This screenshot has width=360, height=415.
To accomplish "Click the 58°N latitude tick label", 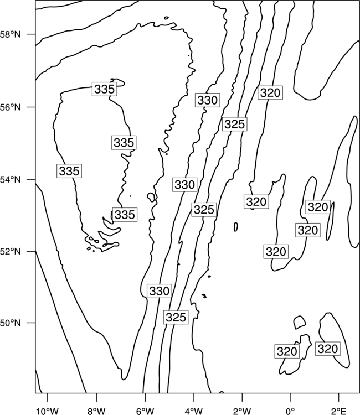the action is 10,34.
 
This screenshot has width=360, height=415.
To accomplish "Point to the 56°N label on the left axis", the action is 10,107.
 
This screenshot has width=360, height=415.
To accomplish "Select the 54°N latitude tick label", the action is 10,180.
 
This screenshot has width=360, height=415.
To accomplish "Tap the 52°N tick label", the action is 10,251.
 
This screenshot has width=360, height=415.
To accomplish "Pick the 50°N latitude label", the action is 10,323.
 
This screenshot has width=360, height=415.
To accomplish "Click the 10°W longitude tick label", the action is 48,411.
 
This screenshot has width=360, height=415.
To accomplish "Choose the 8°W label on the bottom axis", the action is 96,411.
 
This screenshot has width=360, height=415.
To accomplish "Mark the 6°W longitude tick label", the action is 145,411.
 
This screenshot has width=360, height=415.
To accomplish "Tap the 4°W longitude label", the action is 194,411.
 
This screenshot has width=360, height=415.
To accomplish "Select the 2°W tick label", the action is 242,411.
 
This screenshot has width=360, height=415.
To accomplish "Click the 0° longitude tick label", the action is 290,411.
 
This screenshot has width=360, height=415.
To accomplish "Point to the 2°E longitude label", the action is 339,411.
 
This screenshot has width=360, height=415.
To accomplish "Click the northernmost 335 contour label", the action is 104,89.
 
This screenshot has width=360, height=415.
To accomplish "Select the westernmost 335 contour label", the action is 69,171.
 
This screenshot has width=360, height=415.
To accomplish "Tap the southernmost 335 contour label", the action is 125,214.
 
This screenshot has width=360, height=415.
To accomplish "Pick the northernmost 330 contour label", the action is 208,100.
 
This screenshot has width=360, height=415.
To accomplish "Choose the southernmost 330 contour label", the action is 159,291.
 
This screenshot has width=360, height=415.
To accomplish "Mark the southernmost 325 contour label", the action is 176,317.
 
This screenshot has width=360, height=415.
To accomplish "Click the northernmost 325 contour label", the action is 235,124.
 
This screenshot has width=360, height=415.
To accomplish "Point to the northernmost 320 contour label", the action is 270,92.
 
